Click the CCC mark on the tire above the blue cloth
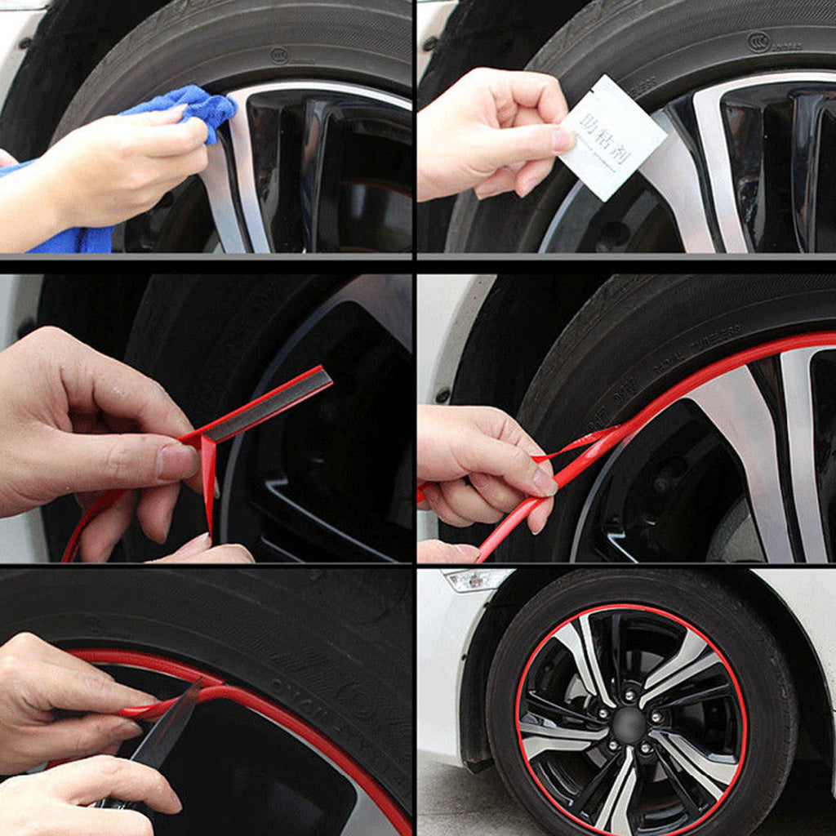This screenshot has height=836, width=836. click(x=280, y=56)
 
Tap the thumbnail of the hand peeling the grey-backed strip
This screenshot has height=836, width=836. click(x=177, y=463)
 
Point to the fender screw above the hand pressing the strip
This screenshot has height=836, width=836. click(x=444, y=395)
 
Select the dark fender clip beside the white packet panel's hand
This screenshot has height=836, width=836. click(x=429, y=43)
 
